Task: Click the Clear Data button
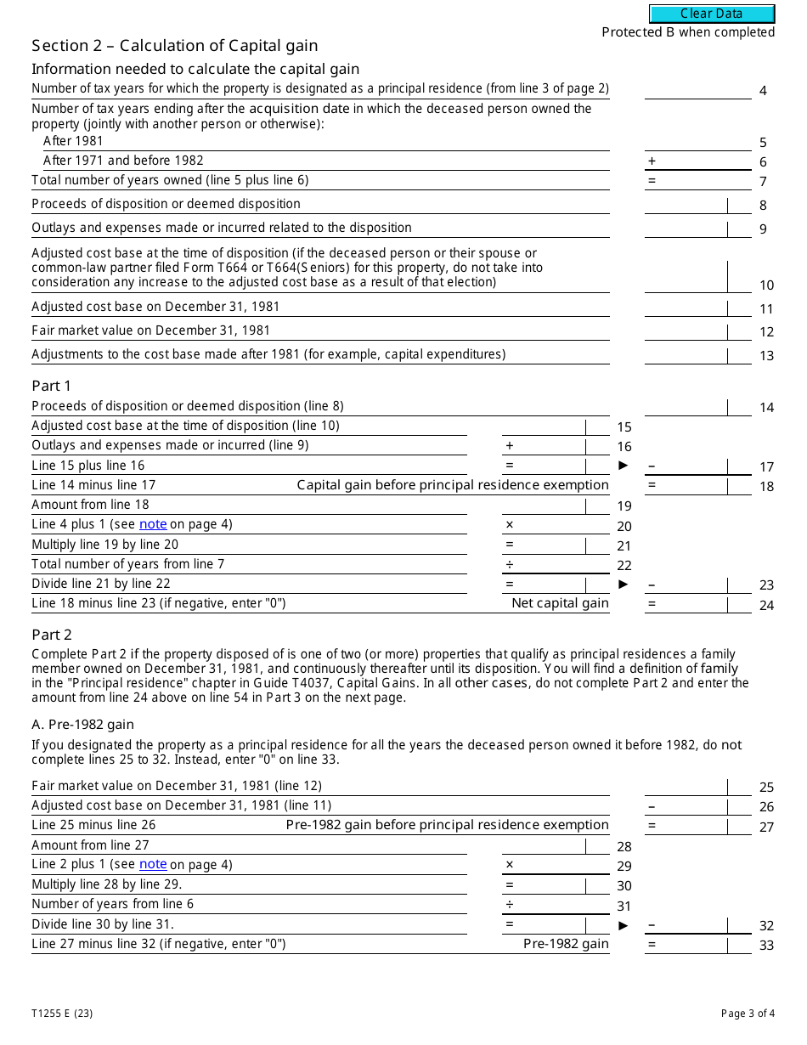click(712, 14)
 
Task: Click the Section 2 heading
click(175, 46)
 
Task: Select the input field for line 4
click(697, 89)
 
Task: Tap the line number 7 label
click(763, 182)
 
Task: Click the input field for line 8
click(686, 205)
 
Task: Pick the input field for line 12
click(686, 331)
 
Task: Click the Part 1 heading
click(52, 386)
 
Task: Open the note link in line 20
click(153, 524)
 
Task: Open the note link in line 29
click(153, 864)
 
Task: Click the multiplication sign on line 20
click(510, 525)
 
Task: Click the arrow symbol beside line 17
click(624, 466)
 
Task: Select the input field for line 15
click(544, 426)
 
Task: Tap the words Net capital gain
click(560, 603)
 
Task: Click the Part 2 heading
click(52, 635)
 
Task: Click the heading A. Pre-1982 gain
click(82, 725)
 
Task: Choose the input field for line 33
click(697, 944)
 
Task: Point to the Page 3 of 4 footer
click(748, 1013)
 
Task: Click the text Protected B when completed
click(688, 32)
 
